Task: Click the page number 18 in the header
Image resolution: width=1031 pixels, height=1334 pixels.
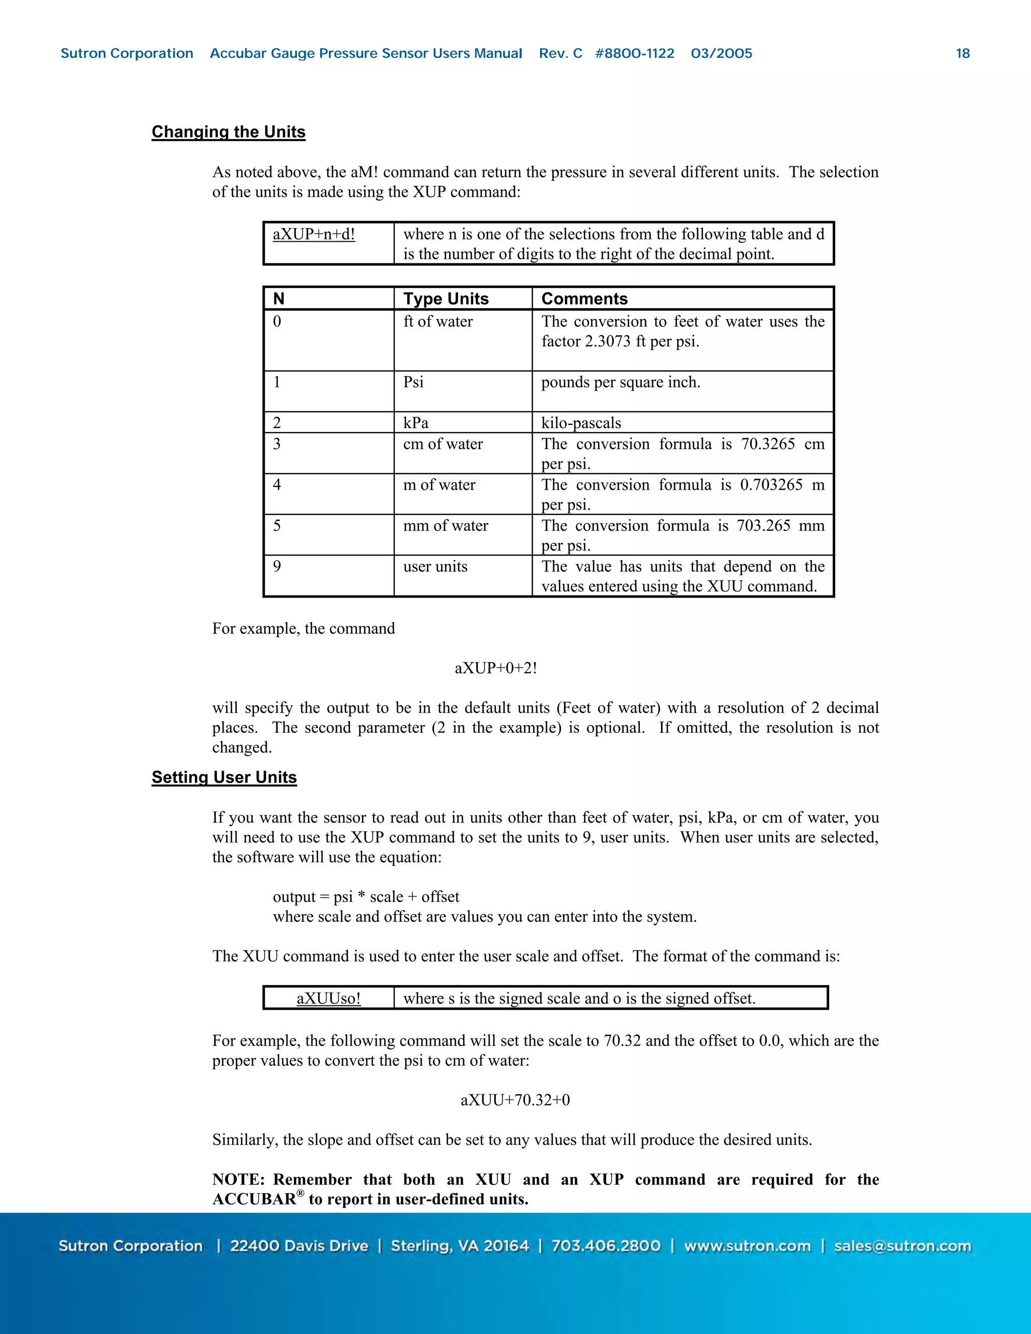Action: coord(963,54)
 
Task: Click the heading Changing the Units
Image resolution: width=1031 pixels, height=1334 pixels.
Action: coord(229,132)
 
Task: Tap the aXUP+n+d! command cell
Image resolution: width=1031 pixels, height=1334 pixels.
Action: coord(314,235)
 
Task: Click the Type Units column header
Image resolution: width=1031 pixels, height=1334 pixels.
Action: coord(446,299)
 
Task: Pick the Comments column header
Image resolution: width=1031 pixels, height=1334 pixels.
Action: coord(584,299)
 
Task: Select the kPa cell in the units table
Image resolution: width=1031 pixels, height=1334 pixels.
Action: coord(416,423)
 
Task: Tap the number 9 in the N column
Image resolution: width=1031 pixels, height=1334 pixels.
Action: coord(277,566)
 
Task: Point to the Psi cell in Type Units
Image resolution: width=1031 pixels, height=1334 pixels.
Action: coord(413,383)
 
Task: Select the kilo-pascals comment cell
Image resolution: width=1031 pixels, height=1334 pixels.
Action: coord(581,423)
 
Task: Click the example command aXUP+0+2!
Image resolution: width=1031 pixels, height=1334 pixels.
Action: coord(496,668)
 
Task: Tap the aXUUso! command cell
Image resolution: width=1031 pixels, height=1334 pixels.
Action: coord(329,998)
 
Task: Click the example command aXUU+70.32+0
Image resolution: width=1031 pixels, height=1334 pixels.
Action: coord(515,1100)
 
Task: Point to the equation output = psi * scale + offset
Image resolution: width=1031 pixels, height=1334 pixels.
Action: coord(366,897)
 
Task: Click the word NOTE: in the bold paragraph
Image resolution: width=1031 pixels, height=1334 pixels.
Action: coord(238,1179)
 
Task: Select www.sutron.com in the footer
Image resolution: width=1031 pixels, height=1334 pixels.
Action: coord(747,1246)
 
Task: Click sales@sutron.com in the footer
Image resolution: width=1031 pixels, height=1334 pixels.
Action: coord(902,1246)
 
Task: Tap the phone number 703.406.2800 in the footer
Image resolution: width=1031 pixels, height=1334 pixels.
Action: coord(606,1246)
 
